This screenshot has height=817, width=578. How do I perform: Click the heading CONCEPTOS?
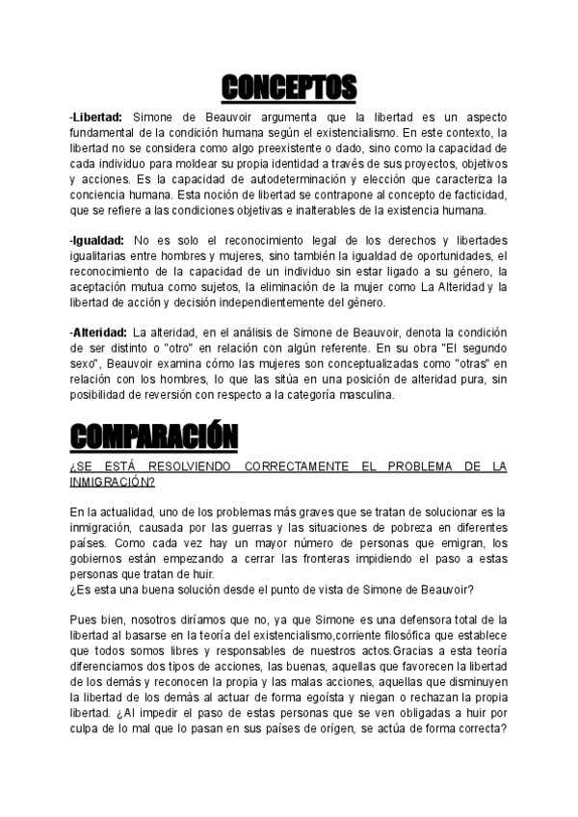click(289, 88)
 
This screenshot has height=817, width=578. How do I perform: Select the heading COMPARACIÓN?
click(154, 436)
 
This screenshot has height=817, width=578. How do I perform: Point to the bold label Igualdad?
click(98, 239)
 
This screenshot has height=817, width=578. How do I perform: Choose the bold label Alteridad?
click(99, 332)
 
